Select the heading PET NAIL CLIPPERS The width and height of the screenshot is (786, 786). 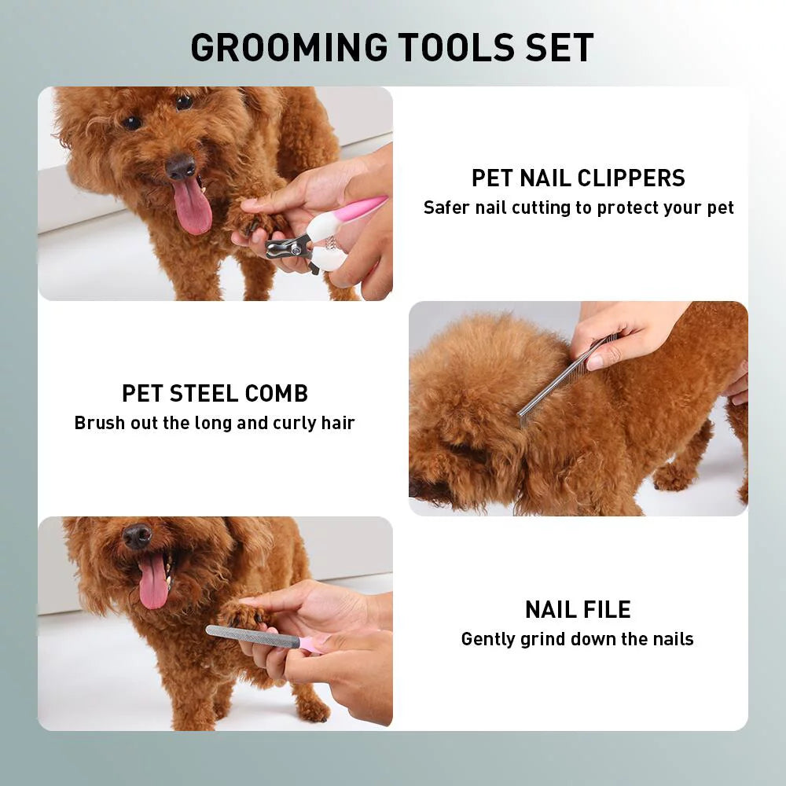pos(578,178)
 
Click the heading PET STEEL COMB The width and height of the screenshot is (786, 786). pos(215,393)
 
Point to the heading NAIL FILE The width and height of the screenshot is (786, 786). pos(578,609)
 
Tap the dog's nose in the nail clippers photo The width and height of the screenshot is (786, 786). pos(181,165)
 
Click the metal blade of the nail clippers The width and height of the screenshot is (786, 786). pos(285,248)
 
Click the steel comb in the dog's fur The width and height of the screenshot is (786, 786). pos(562,380)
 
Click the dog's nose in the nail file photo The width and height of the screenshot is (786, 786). pos(138,536)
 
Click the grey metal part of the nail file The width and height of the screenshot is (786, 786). pos(252,635)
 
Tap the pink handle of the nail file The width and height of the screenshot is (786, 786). pos(310,644)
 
